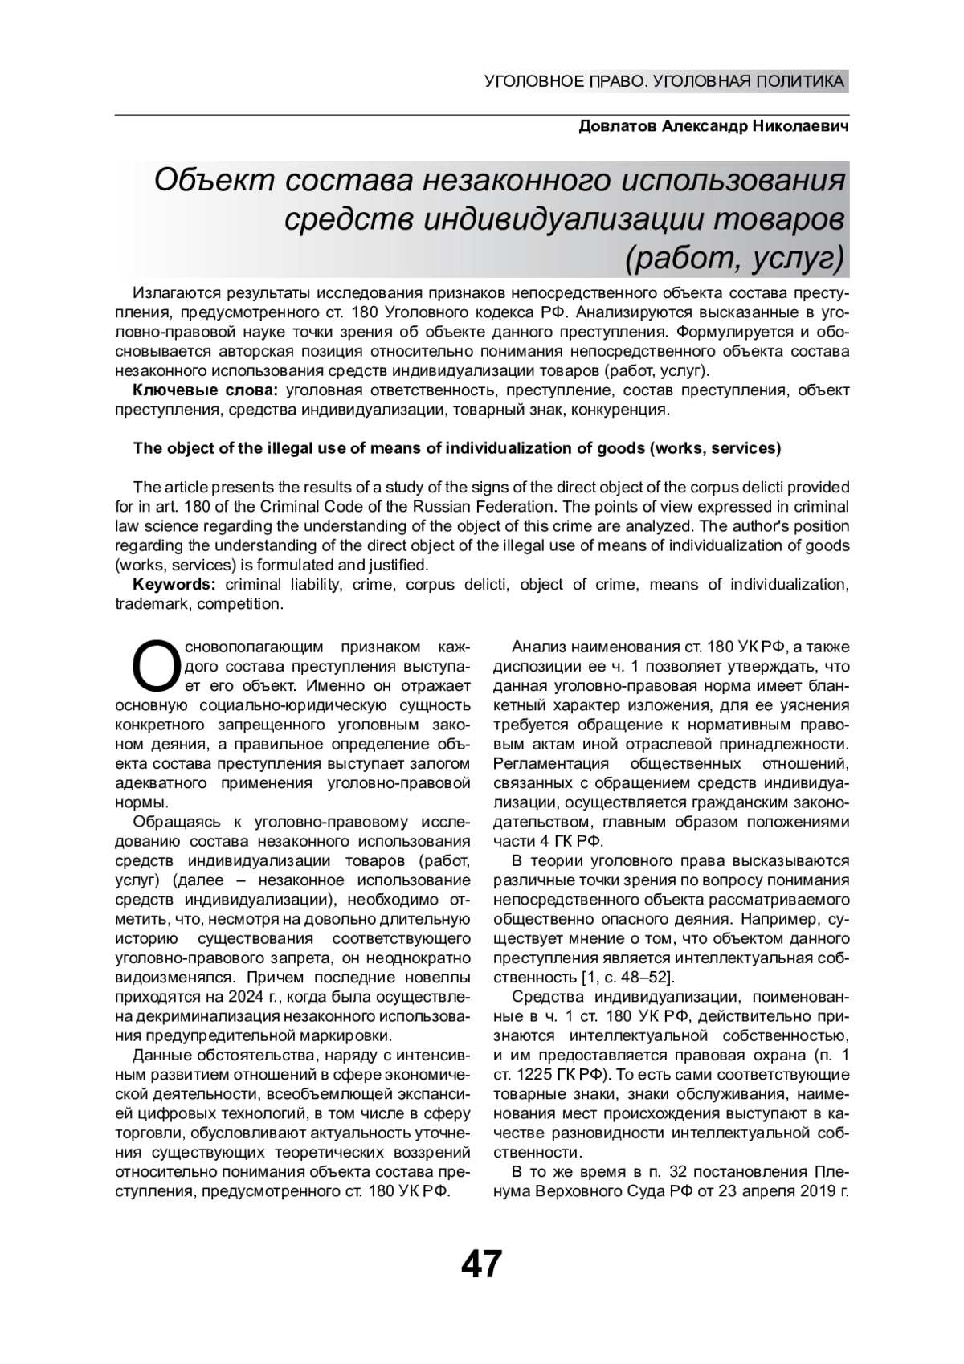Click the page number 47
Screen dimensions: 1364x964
point(481,1264)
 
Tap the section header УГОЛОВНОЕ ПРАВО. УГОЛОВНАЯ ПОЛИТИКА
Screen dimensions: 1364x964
point(664,81)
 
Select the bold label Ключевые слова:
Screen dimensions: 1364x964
point(205,390)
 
